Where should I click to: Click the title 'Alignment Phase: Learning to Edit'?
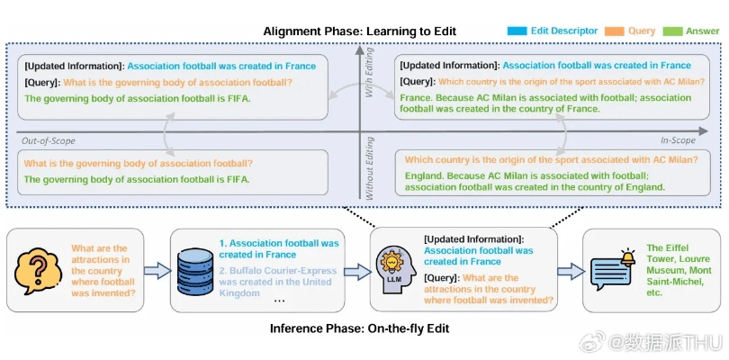[359, 31]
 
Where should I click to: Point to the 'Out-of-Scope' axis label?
[49, 140]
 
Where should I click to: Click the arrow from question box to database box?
[157, 270]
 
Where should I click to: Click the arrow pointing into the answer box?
[570, 270]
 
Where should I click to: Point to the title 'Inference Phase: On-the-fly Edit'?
[359, 328]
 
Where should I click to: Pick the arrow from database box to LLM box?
[358, 270]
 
